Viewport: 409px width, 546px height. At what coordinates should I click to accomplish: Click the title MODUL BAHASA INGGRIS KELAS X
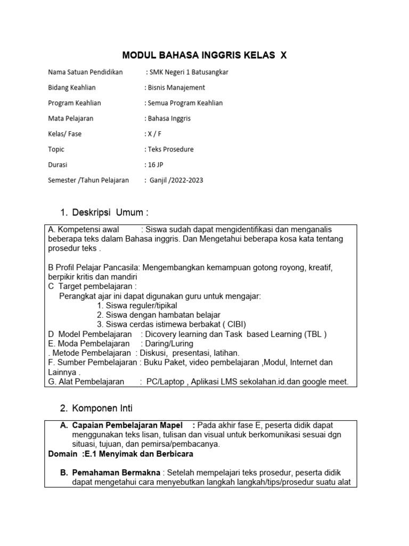tap(204, 55)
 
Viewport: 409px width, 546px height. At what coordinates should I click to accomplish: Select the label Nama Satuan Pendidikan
tap(85, 73)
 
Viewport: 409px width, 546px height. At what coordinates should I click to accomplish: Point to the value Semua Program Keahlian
tap(184, 103)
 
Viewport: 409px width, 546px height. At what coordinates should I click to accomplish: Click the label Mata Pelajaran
tap(70, 118)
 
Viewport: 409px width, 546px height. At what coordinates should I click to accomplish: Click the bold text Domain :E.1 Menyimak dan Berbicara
tap(120, 454)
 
